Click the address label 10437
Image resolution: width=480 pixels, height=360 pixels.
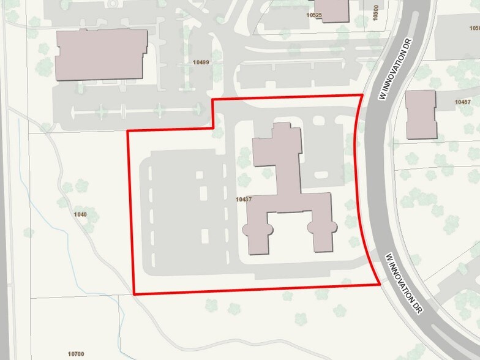click(244, 198)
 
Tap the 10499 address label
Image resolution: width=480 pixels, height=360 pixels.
click(201, 62)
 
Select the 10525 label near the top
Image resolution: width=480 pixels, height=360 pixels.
click(314, 14)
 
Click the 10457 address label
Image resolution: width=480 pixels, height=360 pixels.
click(463, 103)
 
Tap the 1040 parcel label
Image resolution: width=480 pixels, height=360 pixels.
click(80, 214)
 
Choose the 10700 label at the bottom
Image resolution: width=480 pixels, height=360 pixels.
click(76, 354)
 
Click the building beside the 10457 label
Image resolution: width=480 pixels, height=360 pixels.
click(421, 114)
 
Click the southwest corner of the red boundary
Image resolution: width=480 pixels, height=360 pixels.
click(134, 294)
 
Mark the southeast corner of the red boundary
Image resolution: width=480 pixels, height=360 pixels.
click(380, 283)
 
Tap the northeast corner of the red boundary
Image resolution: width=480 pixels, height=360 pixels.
click(362, 95)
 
